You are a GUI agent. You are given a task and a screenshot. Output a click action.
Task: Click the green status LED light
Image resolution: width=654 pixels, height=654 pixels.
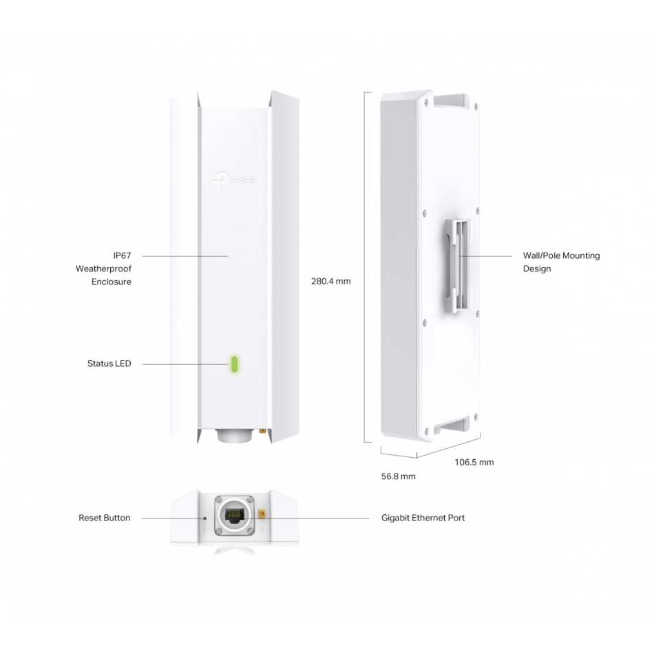(234, 363)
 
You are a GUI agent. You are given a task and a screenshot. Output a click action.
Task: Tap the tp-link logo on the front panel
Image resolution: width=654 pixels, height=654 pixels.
(233, 180)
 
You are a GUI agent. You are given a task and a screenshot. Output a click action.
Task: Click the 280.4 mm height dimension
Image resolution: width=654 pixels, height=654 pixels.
(330, 281)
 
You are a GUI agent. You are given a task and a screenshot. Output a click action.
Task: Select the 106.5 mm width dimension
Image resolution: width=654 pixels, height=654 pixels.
(474, 462)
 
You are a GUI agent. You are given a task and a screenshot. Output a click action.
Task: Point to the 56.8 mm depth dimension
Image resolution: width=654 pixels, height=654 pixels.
(399, 476)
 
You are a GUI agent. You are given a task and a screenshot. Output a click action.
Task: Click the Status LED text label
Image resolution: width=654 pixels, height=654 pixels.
(109, 363)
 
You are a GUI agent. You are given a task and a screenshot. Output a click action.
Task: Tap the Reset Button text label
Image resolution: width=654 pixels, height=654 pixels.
(104, 518)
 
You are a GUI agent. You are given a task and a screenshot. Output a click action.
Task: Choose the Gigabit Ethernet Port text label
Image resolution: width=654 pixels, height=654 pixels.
(423, 518)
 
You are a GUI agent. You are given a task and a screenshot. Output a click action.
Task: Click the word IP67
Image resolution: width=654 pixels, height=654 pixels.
(123, 255)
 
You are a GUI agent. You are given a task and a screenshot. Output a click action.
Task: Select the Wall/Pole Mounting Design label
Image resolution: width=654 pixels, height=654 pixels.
(561, 262)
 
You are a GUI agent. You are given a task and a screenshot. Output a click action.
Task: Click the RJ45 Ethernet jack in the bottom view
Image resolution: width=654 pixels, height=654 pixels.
(234, 516)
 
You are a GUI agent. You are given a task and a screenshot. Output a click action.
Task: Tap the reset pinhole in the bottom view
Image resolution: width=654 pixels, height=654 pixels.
(204, 518)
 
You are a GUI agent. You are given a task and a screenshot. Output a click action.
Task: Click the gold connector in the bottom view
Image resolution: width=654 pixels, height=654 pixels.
(262, 514)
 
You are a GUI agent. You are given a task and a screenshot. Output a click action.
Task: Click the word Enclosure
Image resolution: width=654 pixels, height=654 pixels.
(112, 282)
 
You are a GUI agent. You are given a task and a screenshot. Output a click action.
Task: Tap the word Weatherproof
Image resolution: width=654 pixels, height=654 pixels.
(103, 268)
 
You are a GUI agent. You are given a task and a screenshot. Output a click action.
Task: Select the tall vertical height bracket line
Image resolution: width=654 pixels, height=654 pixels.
(366, 267)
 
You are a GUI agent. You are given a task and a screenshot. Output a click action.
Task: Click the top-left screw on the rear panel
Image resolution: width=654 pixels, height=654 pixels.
(425, 101)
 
